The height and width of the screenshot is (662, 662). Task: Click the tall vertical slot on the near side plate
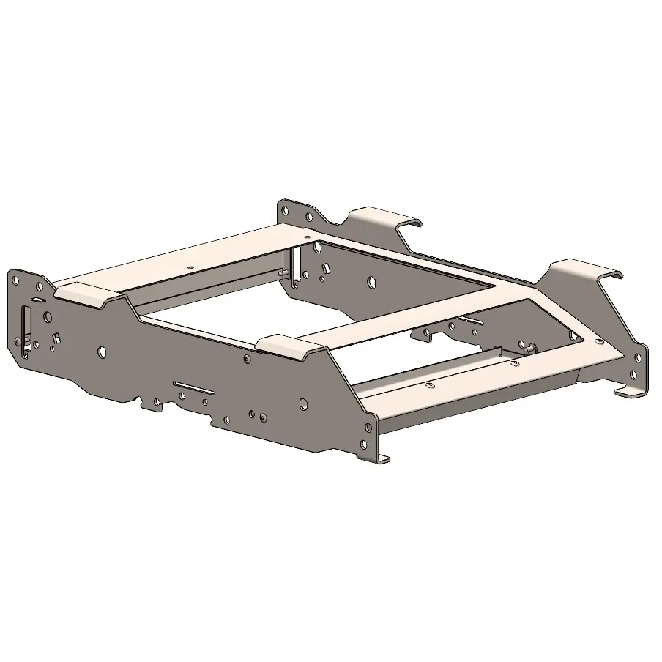27,330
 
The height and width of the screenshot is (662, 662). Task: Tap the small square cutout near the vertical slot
56,338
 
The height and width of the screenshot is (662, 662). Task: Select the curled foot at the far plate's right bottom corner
630,393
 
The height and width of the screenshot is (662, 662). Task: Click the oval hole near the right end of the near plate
303,403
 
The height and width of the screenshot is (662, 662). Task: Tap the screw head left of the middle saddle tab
247,358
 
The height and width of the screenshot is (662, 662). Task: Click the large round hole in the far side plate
372,280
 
